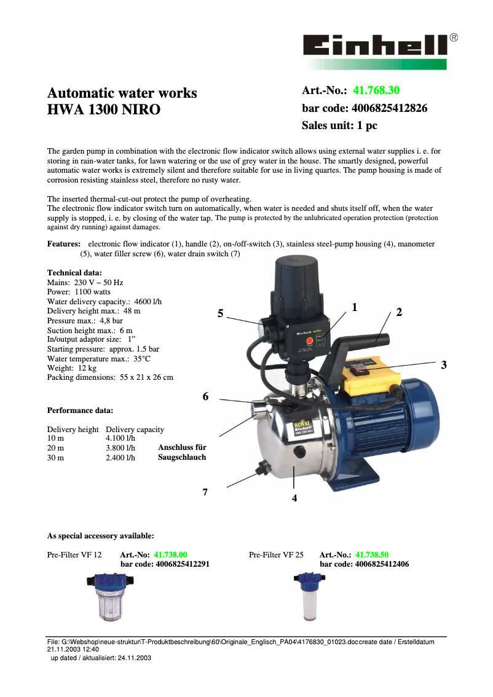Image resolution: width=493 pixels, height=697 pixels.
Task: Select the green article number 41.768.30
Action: coord(376,91)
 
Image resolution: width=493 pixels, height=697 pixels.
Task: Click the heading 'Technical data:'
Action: coord(74,272)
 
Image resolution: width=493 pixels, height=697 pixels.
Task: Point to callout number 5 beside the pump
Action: coord(220,313)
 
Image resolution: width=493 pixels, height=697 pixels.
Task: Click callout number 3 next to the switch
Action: coord(444,364)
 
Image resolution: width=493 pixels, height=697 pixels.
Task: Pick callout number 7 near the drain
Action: coord(205,492)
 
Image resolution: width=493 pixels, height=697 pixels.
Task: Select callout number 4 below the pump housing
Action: coord(294,498)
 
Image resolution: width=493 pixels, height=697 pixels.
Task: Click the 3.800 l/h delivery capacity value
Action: coord(120,448)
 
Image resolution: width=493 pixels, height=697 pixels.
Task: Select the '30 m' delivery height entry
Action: coord(55,458)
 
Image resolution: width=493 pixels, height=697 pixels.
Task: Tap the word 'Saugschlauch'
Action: coord(182,457)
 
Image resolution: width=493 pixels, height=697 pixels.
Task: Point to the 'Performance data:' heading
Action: coord(80,410)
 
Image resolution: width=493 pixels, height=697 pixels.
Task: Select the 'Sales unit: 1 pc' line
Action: coord(339,125)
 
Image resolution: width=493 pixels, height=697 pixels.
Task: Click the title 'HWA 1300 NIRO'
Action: coord(104,110)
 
